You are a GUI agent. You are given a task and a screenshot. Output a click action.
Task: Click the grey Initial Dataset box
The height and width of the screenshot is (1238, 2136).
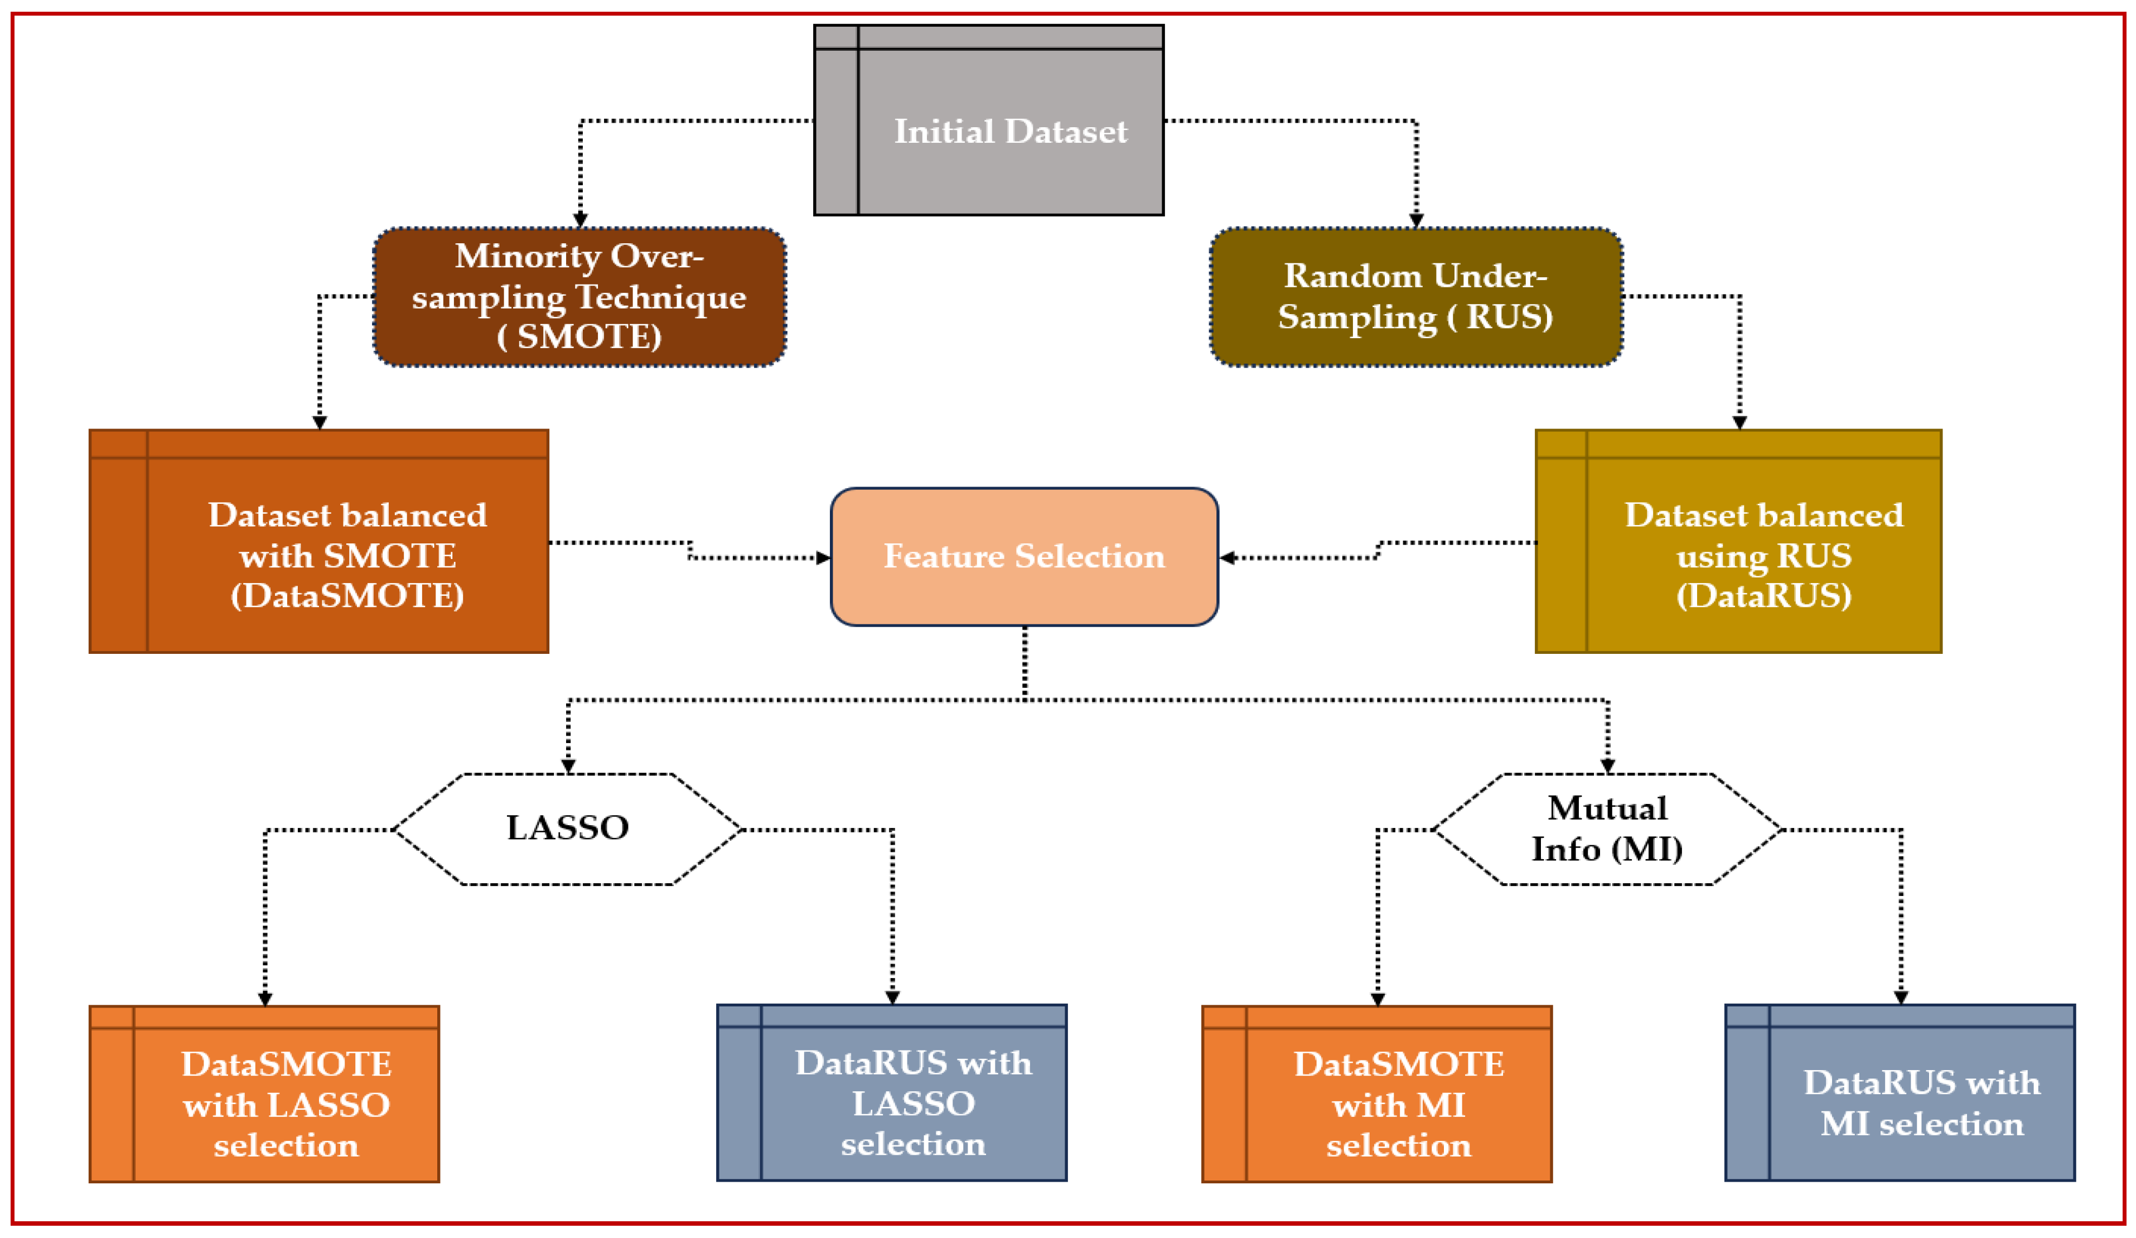tap(988, 121)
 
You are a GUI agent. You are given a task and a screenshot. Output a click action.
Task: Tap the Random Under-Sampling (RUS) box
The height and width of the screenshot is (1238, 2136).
tap(1415, 297)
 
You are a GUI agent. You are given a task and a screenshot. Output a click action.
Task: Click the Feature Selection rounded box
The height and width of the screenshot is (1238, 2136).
tap(1024, 557)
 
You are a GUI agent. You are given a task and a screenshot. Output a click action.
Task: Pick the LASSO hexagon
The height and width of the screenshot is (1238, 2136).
tap(567, 828)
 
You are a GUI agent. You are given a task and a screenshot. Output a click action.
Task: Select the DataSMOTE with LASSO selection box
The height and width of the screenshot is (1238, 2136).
tap(264, 1094)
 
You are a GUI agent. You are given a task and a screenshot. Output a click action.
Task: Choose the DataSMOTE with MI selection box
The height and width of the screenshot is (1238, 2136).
tap(1376, 1094)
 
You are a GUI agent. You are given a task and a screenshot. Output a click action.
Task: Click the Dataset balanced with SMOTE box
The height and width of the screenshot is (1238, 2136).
tap(318, 542)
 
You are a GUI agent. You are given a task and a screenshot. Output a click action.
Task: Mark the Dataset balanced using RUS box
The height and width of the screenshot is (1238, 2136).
tap(1738, 542)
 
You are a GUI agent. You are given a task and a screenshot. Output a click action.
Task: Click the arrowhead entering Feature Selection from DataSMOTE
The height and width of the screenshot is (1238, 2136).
tap(823, 558)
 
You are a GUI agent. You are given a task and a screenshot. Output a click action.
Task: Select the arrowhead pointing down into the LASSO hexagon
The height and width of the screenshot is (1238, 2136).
tap(568, 767)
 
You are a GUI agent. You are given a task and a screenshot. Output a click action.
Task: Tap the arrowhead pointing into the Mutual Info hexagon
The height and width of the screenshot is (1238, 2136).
tap(1607, 767)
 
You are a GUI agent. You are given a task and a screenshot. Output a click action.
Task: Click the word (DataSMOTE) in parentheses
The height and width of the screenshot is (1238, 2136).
tap(347, 596)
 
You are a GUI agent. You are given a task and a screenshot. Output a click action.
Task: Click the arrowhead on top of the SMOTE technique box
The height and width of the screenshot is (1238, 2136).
tap(580, 220)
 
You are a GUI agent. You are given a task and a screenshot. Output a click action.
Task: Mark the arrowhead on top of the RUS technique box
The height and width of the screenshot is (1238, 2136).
tap(1415, 220)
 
